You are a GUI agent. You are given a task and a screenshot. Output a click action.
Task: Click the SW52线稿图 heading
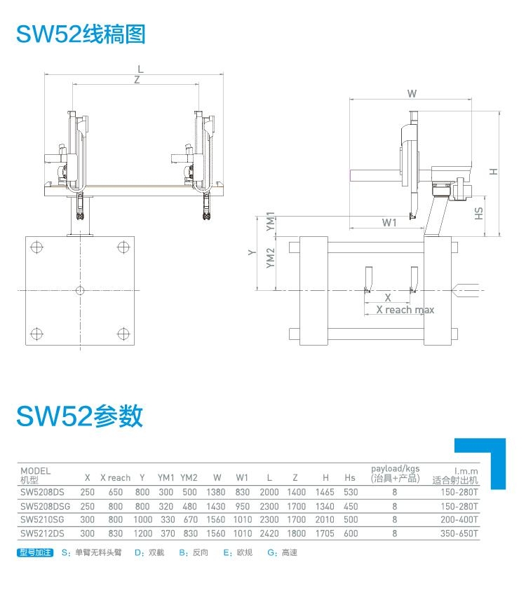point(81,34)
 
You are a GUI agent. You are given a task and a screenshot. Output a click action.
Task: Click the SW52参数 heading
point(79,416)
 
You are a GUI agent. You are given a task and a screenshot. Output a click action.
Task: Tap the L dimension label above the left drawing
point(141,69)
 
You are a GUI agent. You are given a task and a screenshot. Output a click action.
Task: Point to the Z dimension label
point(137,80)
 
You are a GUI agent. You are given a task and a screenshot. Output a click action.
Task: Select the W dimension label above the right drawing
point(412,94)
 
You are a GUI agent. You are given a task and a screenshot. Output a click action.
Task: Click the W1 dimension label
point(389,222)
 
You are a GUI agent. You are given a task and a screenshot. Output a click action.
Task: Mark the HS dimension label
point(479,213)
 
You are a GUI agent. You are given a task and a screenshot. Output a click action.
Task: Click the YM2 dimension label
point(270,258)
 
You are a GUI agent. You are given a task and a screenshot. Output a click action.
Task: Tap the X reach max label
point(405,310)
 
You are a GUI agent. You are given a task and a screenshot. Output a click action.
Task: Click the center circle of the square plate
point(80,290)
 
